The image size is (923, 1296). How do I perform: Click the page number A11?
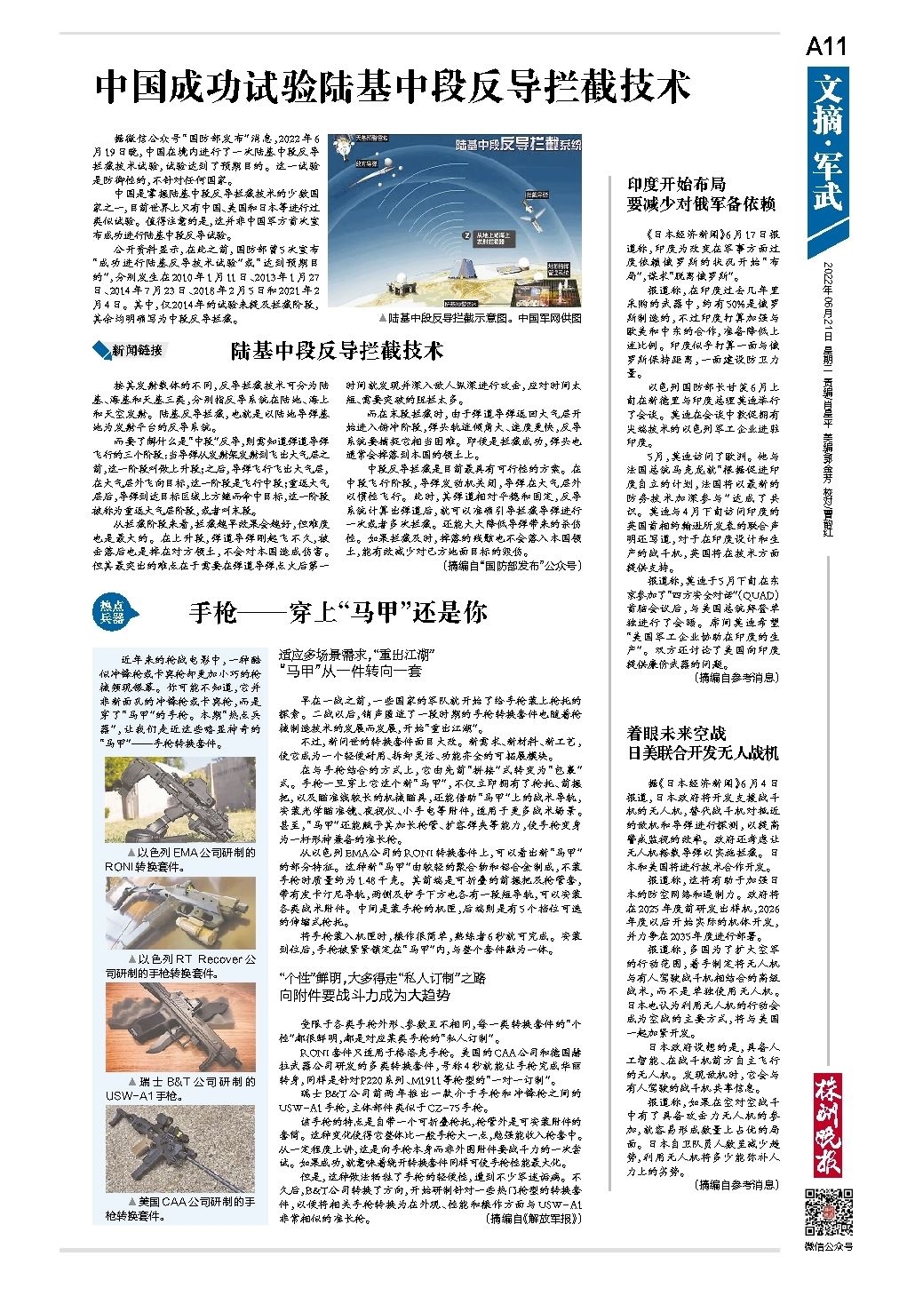click(x=826, y=47)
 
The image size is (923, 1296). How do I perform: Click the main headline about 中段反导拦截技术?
click(x=394, y=89)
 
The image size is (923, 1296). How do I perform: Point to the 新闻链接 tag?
click(x=130, y=350)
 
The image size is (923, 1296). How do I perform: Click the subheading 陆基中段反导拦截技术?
click(x=337, y=350)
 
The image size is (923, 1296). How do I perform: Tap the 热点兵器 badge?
click(x=111, y=612)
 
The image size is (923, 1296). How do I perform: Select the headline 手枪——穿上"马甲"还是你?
click(x=338, y=612)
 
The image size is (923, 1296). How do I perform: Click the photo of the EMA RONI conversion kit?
click(x=180, y=799)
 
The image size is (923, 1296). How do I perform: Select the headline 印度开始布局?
click(x=702, y=194)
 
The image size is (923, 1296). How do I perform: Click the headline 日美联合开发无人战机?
click(x=702, y=743)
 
